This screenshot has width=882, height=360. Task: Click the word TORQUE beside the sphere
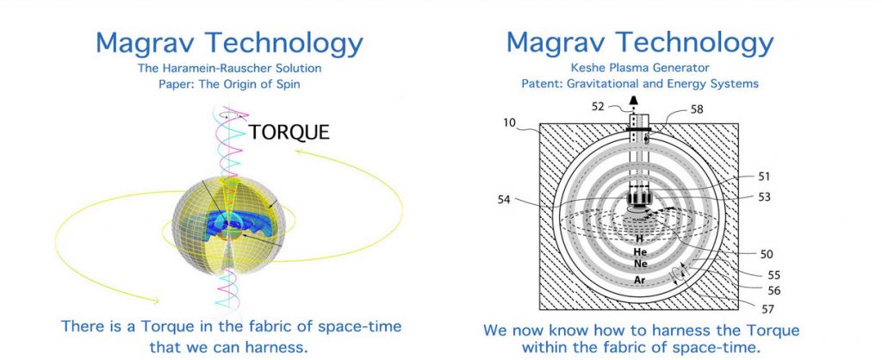[x=289, y=132]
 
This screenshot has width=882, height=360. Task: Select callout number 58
[x=696, y=109]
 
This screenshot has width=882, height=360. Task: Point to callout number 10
[x=509, y=122]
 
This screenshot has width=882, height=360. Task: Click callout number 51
[x=764, y=177]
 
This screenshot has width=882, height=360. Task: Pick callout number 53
[x=764, y=197]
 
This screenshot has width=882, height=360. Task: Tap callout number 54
[x=503, y=199]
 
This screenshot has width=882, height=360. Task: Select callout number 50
[x=766, y=255]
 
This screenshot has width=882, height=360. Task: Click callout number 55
[x=773, y=276]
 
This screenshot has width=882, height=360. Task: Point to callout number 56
[x=773, y=291]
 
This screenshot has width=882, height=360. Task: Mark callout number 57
[x=767, y=309]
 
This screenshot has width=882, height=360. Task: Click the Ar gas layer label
[x=640, y=280]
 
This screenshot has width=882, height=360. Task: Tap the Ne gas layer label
[x=640, y=264]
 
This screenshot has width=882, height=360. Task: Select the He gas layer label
[x=640, y=252]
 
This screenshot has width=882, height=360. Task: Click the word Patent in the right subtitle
[x=539, y=84]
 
